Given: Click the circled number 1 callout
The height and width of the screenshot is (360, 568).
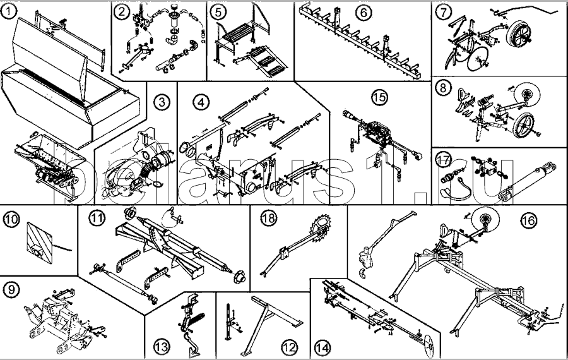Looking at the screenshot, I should pyautogui.click(x=8, y=11).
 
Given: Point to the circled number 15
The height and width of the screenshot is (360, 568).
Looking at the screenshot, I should pyautogui.click(x=379, y=97).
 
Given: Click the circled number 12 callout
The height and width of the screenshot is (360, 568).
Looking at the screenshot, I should pyautogui.click(x=289, y=347).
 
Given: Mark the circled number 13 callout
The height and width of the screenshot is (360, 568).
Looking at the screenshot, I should pyautogui.click(x=162, y=347).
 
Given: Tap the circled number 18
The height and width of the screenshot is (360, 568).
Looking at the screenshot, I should pyautogui.click(x=269, y=218).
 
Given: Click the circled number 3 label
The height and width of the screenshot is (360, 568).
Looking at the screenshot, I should pyautogui.click(x=163, y=101).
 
